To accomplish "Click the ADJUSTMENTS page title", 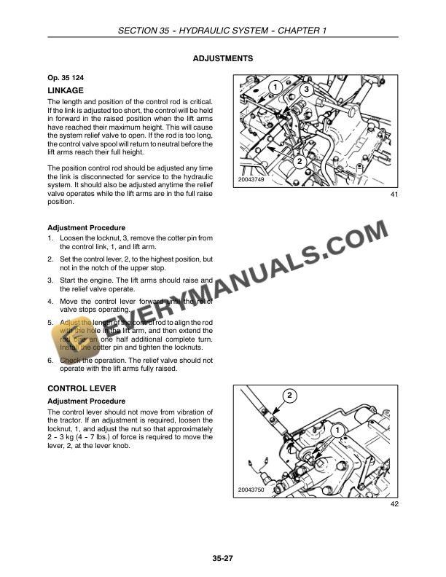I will [222, 58].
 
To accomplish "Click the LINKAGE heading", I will [65, 90].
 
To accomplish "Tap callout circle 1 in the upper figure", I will [275, 87].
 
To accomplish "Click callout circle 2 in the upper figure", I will [299, 160].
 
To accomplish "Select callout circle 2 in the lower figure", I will [289, 395].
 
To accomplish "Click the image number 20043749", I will [251, 180].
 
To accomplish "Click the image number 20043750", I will [251, 491].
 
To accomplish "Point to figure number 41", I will [394, 195].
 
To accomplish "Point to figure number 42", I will [394, 504].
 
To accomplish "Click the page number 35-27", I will [222, 559].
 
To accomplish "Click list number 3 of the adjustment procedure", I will [50, 280].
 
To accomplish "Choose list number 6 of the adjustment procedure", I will [50, 360].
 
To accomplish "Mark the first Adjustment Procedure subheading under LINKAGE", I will [86, 228].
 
